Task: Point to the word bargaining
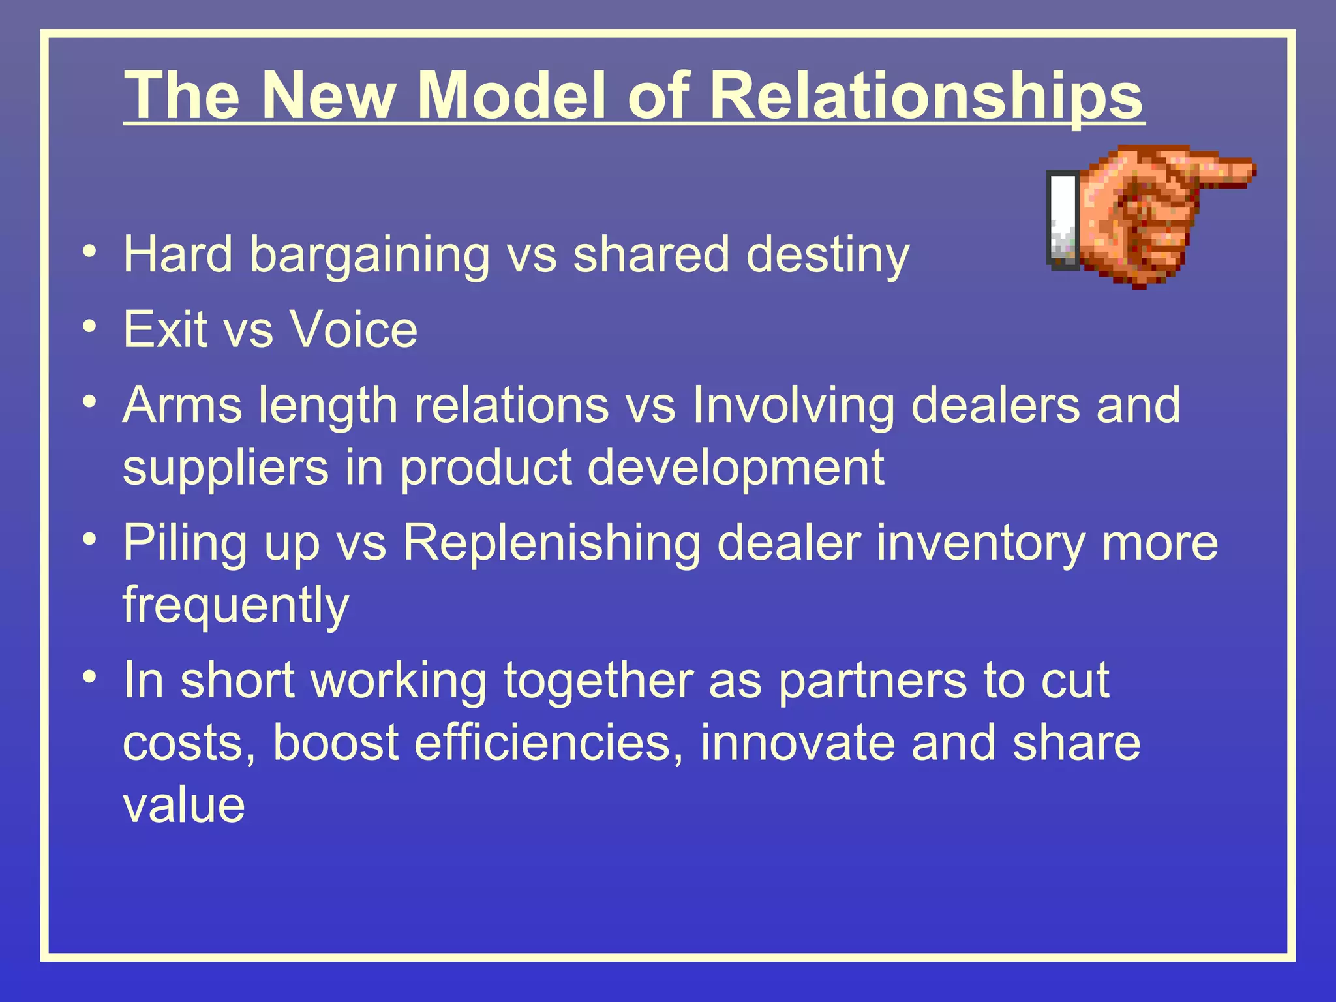click(x=369, y=256)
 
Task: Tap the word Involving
click(x=793, y=406)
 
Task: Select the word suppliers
click(x=225, y=468)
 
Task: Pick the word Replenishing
click(x=551, y=544)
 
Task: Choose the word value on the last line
click(x=183, y=805)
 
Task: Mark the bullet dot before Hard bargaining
click(x=91, y=251)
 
